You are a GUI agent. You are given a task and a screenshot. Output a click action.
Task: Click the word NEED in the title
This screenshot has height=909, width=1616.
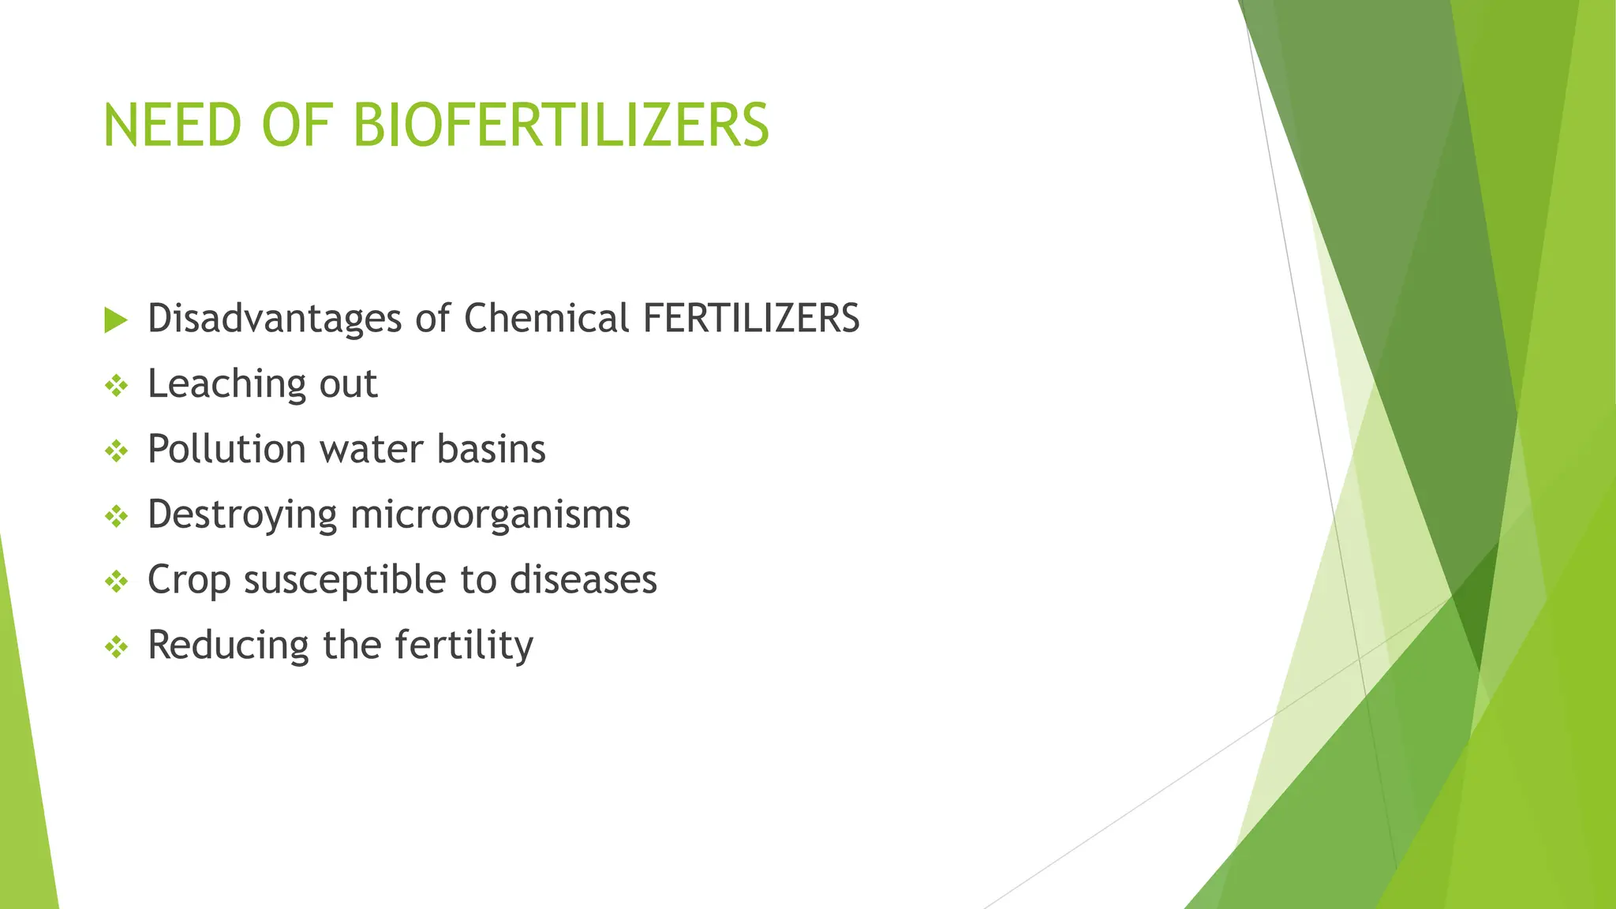pos(171,125)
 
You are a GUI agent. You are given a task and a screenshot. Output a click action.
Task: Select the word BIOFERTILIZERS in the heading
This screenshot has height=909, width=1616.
pos(560,125)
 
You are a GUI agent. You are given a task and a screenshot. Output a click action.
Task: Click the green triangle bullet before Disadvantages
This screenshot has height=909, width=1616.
pos(115,320)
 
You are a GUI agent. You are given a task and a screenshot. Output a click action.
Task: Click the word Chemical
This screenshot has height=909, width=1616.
pos(546,319)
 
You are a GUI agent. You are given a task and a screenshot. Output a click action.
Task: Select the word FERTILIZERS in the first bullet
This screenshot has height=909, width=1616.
pos(751,319)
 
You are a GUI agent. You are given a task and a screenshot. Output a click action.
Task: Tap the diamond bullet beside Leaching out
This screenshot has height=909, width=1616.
pos(116,386)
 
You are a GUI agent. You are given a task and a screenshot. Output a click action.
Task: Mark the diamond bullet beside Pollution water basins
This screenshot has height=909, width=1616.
pos(116,451)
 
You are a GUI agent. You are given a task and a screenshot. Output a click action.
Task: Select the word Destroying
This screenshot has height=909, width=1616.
pos(242,515)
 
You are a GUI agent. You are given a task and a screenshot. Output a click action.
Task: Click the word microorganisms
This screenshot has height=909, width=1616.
pos(490,515)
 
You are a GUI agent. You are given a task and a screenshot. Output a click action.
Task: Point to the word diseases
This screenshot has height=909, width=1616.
pos(583,580)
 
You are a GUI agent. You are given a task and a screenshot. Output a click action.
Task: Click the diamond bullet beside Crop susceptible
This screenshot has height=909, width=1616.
pos(116,582)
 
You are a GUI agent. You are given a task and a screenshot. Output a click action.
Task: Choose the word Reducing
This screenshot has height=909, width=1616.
pos(228,646)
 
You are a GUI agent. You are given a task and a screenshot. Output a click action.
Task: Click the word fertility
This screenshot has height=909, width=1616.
pos(464,646)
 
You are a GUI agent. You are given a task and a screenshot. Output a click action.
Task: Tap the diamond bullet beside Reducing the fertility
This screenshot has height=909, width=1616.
pos(116,648)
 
